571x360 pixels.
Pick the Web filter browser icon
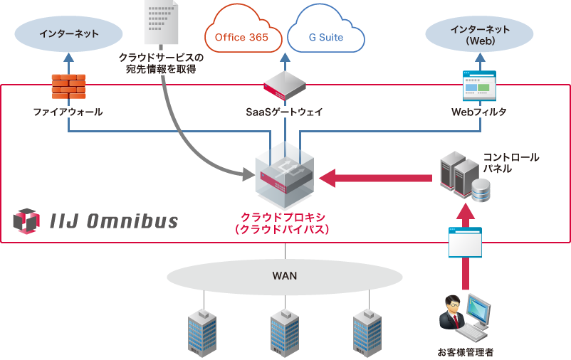click(479, 86)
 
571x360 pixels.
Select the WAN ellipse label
click(285, 275)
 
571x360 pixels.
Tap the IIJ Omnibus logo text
click(114, 221)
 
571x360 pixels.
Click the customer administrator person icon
click(463, 319)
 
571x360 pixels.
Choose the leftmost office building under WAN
click(201, 332)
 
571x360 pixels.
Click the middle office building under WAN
click(285, 332)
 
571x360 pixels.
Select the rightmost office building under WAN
click(368, 332)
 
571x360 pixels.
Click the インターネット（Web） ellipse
click(479, 34)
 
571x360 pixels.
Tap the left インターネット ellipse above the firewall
click(68, 33)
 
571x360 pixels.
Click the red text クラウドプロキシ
click(285, 217)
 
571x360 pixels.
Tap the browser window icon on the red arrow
click(464, 242)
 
